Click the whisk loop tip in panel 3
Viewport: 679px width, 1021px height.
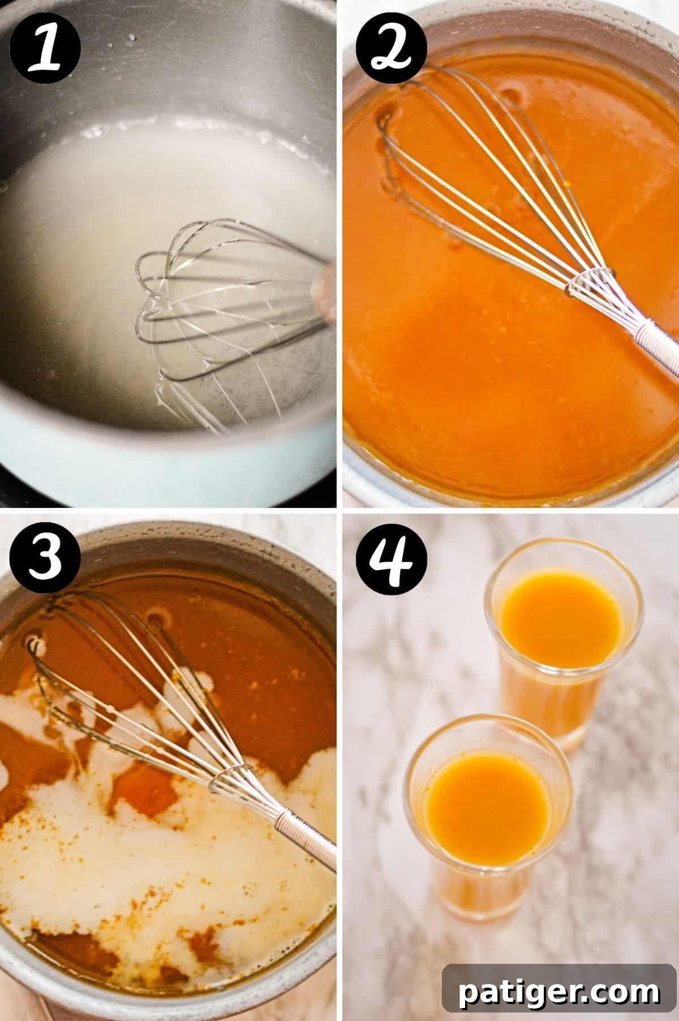click(x=34, y=645)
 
